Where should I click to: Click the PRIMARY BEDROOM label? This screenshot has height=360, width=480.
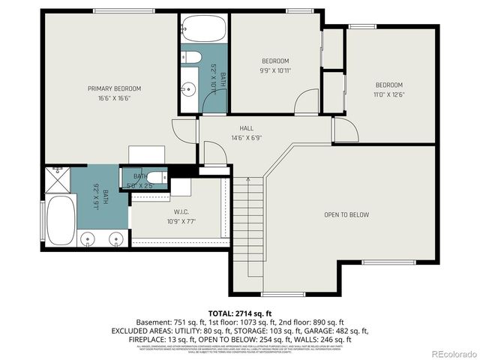coord(114,88)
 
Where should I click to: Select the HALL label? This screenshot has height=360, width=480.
coord(247,128)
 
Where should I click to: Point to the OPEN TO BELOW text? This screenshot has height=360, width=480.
coord(346,214)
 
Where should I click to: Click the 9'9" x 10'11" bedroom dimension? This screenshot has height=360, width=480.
coord(275,70)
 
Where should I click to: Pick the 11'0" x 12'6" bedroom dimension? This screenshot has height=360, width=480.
coord(389,94)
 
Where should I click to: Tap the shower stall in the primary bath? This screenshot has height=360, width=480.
coord(58,178)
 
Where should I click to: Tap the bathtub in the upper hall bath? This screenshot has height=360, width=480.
coord(203,29)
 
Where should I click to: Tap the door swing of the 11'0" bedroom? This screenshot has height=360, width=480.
coord(344,129)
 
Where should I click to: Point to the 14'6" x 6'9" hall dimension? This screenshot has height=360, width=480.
coord(247,138)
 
